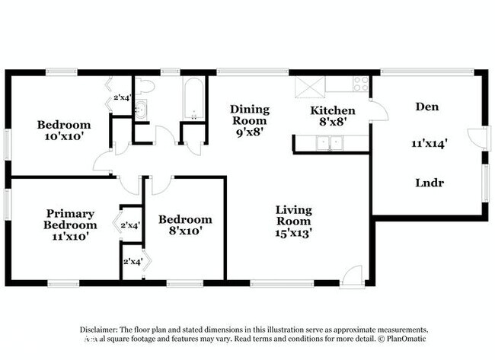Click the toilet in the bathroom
[x=144, y=87]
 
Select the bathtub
[x=193, y=99]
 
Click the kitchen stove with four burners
[x=358, y=84]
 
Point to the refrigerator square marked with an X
[x=308, y=85]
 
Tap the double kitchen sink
[x=330, y=142]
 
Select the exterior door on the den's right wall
[x=475, y=138]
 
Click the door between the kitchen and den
[x=378, y=111]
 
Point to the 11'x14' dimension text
[x=429, y=142]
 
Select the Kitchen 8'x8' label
[x=332, y=116]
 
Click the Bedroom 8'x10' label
[x=185, y=225]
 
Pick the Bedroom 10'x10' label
[x=64, y=130]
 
